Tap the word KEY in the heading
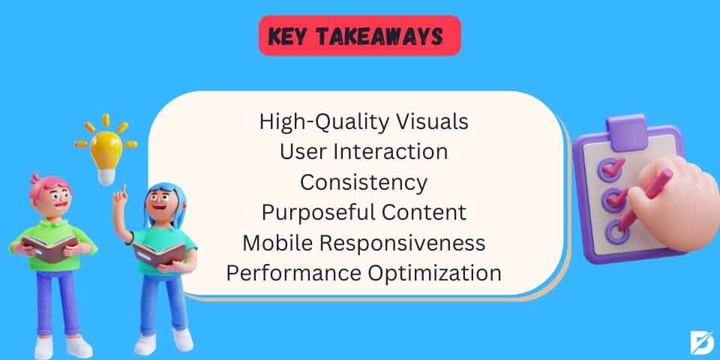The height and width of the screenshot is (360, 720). pos(292,37)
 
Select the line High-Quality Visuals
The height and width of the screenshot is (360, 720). pos(364,121)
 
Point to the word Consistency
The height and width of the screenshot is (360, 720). pos(364,182)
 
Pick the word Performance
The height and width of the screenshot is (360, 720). pos(293,273)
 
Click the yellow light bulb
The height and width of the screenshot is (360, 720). pos(106,149)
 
